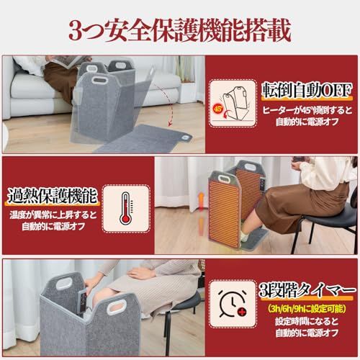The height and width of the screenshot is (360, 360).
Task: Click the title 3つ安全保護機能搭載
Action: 180,30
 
